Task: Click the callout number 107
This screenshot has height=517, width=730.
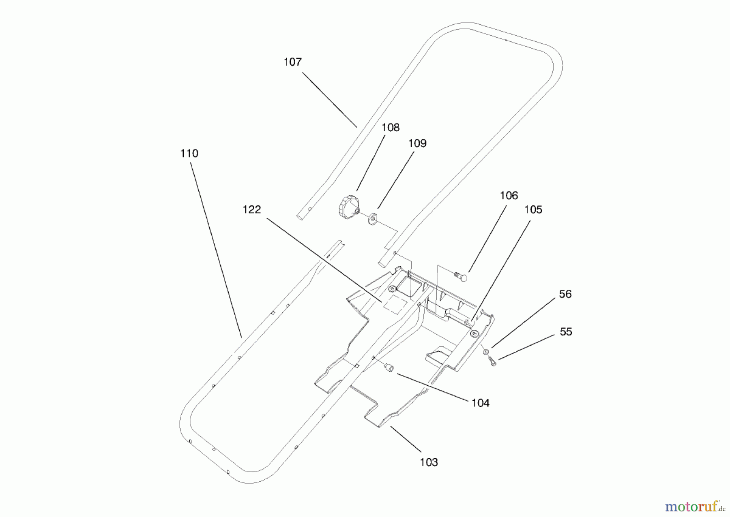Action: (292, 62)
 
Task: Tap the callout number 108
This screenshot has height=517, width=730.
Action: (391, 128)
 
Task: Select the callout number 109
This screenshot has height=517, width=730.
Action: (417, 143)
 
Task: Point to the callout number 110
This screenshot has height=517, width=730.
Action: (189, 154)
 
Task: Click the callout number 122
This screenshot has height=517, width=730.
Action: (252, 209)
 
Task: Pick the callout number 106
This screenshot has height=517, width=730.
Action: (509, 196)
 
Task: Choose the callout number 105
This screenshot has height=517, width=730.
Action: (533, 209)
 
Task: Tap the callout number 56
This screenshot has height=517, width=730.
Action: (565, 294)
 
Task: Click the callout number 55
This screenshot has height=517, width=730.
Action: (566, 332)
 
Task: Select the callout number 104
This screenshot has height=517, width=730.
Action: (480, 403)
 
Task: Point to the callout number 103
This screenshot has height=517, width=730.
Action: (429, 462)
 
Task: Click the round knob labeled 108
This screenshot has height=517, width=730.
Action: (348, 207)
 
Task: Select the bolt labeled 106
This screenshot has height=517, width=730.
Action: (461, 276)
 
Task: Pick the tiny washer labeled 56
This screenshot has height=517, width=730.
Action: (485, 351)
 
